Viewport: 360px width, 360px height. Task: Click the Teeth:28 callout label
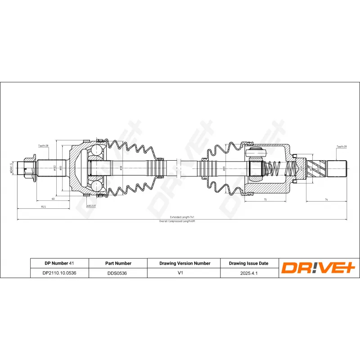pos(43,146)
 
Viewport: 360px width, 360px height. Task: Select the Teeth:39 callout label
pos(341,147)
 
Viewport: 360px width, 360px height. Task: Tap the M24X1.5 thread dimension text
pos(11,169)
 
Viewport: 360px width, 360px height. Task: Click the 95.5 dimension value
pos(44,207)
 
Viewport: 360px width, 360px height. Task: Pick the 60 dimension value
pos(53,198)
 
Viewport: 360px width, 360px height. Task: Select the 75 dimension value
pos(265,199)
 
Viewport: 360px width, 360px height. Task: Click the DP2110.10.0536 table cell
pos(59,273)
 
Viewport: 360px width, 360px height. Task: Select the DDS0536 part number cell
pos(117,273)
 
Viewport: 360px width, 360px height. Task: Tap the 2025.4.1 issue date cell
pos(248,273)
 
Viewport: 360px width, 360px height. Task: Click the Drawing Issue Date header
pos(248,263)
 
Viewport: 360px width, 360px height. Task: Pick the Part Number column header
pos(117,263)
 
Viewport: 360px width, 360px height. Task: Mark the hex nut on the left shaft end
pos(28,169)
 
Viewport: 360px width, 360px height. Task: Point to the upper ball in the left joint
pos(97,151)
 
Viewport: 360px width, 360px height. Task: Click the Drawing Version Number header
pos(184,263)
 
